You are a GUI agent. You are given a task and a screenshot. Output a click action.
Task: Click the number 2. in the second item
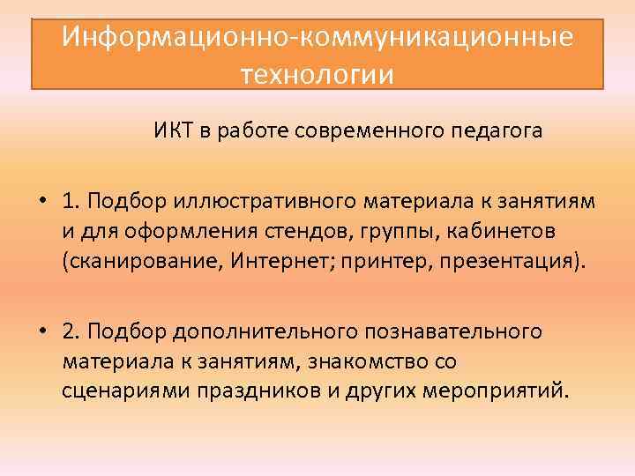pos(72,331)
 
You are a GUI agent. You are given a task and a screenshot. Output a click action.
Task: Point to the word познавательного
pos(453,332)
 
